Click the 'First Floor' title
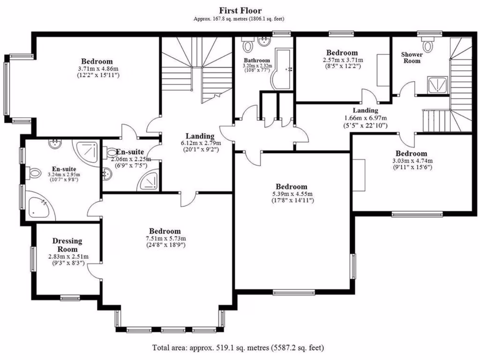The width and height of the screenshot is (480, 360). [240, 10]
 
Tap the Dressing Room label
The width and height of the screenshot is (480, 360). [67, 245]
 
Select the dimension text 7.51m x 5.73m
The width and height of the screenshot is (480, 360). [165, 239]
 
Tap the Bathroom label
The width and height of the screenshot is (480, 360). [257, 60]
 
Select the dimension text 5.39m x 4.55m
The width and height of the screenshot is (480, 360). [292, 194]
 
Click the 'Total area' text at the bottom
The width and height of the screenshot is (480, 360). [238, 348]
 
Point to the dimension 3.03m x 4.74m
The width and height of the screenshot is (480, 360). [411, 161]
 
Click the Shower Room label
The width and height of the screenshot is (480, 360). [412, 57]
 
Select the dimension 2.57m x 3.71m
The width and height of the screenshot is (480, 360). [342, 60]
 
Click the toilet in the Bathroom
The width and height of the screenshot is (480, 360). [247, 46]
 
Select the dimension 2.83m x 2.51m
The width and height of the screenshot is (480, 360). [68, 257]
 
